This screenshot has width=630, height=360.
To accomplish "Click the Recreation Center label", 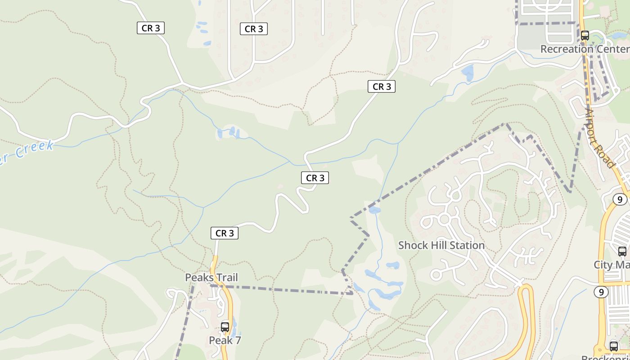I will (x=585, y=49).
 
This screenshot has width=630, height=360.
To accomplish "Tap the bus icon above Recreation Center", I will (x=585, y=35).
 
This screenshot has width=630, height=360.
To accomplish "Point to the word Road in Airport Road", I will (x=607, y=155).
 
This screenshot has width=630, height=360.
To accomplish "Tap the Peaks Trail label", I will (x=211, y=278).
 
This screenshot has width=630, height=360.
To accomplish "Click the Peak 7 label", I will (x=225, y=340).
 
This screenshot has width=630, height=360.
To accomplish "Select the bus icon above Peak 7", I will (x=225, y=327).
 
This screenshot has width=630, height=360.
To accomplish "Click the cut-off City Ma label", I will (x=612, y=265).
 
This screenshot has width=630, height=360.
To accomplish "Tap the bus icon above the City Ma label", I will (x=622, y=251).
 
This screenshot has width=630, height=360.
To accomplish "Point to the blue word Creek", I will (x=34, y=149).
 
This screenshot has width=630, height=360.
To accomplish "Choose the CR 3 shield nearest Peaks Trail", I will (x=224, y=233).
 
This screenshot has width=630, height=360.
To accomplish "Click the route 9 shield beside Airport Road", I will (x=620, y=199).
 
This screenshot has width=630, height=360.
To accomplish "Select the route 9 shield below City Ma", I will (x=601, y=292).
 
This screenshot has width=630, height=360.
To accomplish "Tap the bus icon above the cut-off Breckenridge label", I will (x=613, y=346).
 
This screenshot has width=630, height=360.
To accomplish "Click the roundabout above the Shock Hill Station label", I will (x=445, y=219).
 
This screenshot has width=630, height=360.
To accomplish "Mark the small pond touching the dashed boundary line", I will (x=374, y=210).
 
